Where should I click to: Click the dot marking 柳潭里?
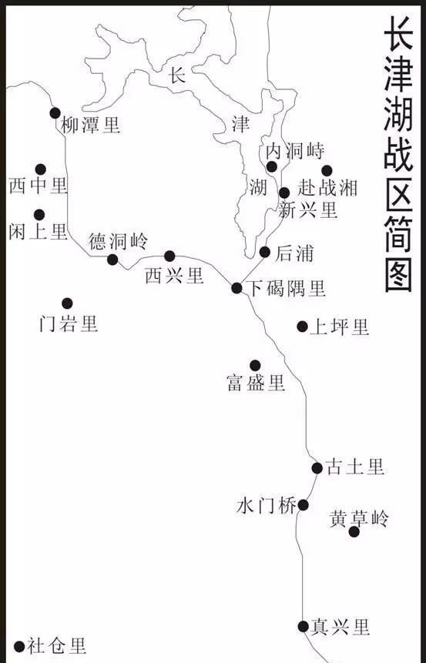point(55,113)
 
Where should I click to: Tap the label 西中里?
point(39,186)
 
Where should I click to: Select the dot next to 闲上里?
point(39,215)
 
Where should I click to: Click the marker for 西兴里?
point(169,256)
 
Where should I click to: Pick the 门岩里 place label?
point(69,323)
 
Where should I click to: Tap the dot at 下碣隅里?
point(237,288)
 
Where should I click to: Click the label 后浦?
point(294,253)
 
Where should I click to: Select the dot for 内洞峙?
point(271,166)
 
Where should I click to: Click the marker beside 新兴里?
point(284,193)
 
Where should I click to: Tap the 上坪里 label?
point(339,326)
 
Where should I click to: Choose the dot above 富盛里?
point(255,365)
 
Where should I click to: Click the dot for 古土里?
point(317,467)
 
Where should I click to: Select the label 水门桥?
point(267,506)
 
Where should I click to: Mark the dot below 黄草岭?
point(354,531)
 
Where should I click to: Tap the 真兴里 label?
point(340,627)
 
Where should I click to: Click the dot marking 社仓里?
point(19,646)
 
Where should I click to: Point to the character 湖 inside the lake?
point(259,187)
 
